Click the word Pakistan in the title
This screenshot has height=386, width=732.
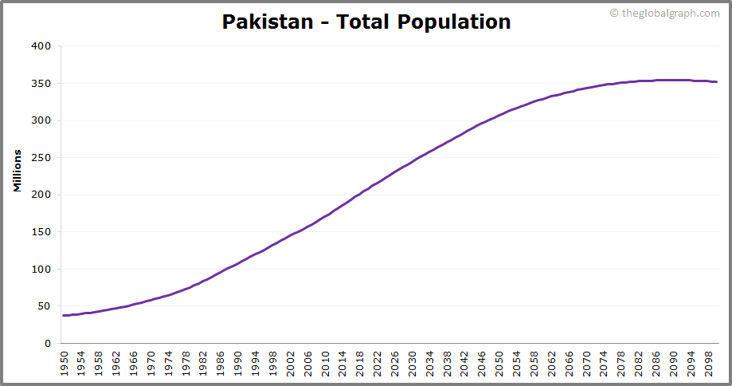(267, 22)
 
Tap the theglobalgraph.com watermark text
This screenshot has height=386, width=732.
(669, 14)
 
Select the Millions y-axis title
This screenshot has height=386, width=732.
(17, 170)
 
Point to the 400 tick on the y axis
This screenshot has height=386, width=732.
(41, 46)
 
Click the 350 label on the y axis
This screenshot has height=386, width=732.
(41, 84)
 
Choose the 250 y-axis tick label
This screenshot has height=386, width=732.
(41, 158)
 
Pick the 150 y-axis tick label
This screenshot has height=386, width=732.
(41, 232)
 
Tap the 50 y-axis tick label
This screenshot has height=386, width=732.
(44, 306)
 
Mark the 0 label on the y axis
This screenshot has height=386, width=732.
(47, 344)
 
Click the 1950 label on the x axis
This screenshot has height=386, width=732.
(65, 364)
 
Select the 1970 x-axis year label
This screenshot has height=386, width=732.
(151, 364)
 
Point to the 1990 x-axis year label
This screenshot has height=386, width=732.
(238, 364)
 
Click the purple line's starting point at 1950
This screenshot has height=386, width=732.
(64, 316)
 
